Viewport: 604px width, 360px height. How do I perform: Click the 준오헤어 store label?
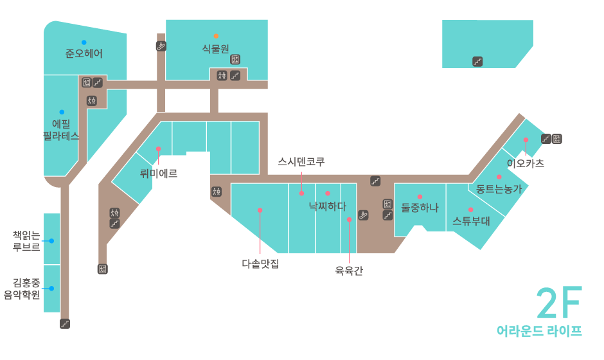click(84, 53)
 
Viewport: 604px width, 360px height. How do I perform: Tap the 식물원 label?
click(216, 48)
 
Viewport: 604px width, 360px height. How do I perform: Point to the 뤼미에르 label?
click(159, 173)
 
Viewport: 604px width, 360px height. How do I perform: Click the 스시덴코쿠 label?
click(301, 161)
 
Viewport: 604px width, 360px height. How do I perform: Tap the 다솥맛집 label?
click(260, 263)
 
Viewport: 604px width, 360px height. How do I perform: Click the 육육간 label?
click(349, 271)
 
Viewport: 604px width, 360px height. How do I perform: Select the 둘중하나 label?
click(420, 207)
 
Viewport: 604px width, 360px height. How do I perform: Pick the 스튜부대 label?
click(471, 221)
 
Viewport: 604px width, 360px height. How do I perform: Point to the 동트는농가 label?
click(499, 188)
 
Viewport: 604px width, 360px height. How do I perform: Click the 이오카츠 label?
click(526, 163)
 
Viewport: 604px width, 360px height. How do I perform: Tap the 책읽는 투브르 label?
click(26, 240)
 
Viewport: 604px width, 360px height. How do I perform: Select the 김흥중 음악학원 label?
click(26, 288)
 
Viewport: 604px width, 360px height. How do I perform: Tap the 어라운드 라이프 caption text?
click(539, 331)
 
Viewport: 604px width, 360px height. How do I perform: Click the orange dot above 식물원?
click(216, 36)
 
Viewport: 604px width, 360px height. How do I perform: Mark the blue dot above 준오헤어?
click(84, 42)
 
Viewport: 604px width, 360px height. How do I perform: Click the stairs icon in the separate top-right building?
click(477, 62)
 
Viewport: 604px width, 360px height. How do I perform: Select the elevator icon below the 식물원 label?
click(235, 59)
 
